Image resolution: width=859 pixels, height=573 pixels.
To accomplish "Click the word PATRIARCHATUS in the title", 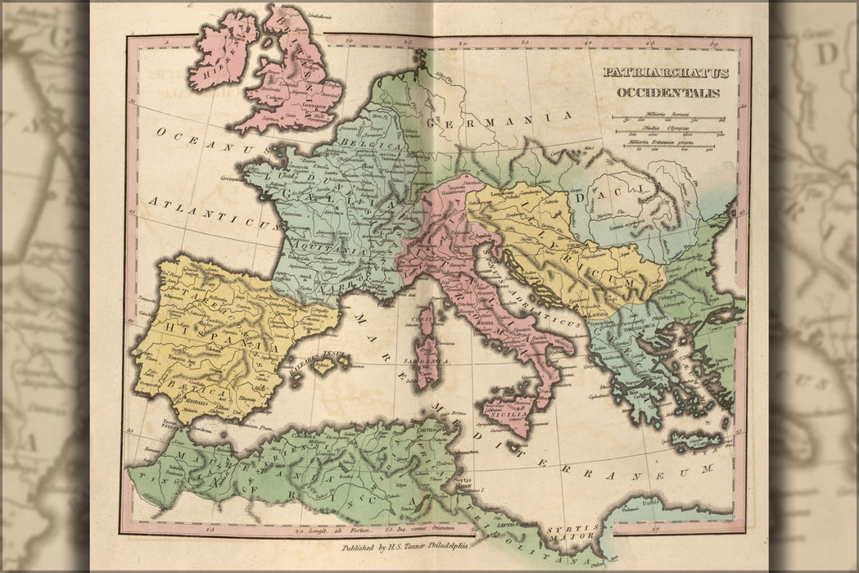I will click(665, 72).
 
